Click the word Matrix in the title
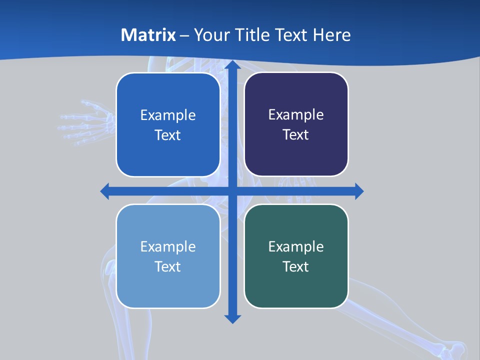tap(148, 35)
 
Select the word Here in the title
tap(331, 35)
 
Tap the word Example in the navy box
tap(296, 114)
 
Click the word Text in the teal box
tap(296, 266)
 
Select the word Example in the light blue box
tap(168, 246)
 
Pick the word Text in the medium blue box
tap(168, 135)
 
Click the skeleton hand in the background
tap(85, 122)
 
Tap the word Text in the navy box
tap(296, 134)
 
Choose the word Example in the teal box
tap(296, 246)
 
